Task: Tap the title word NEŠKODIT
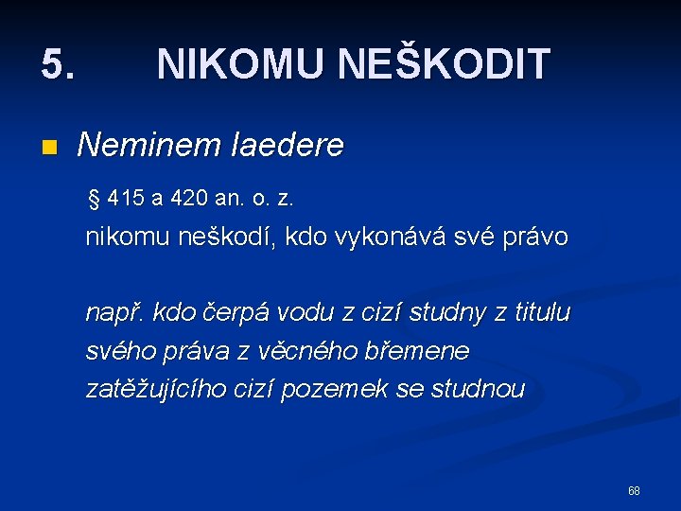coord(444,64)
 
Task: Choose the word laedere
coord(287,146)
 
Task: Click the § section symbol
coord(93,199)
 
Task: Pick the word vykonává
coord(389,238)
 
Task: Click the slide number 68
coord(634,491)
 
